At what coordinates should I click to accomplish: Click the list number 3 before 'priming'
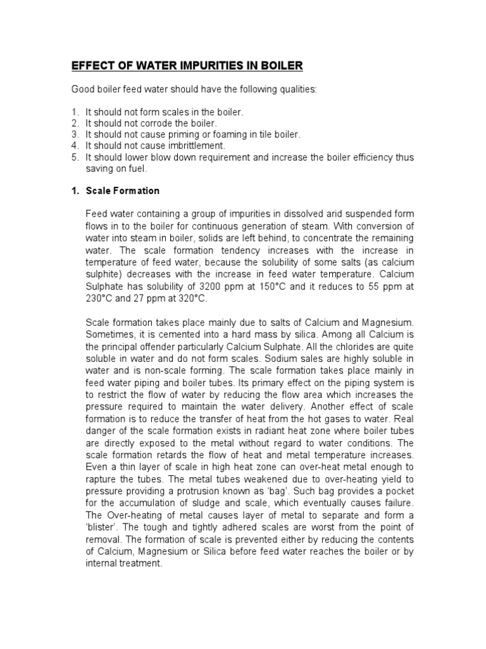point(74,134)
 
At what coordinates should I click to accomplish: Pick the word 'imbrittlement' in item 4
point(193,146)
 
